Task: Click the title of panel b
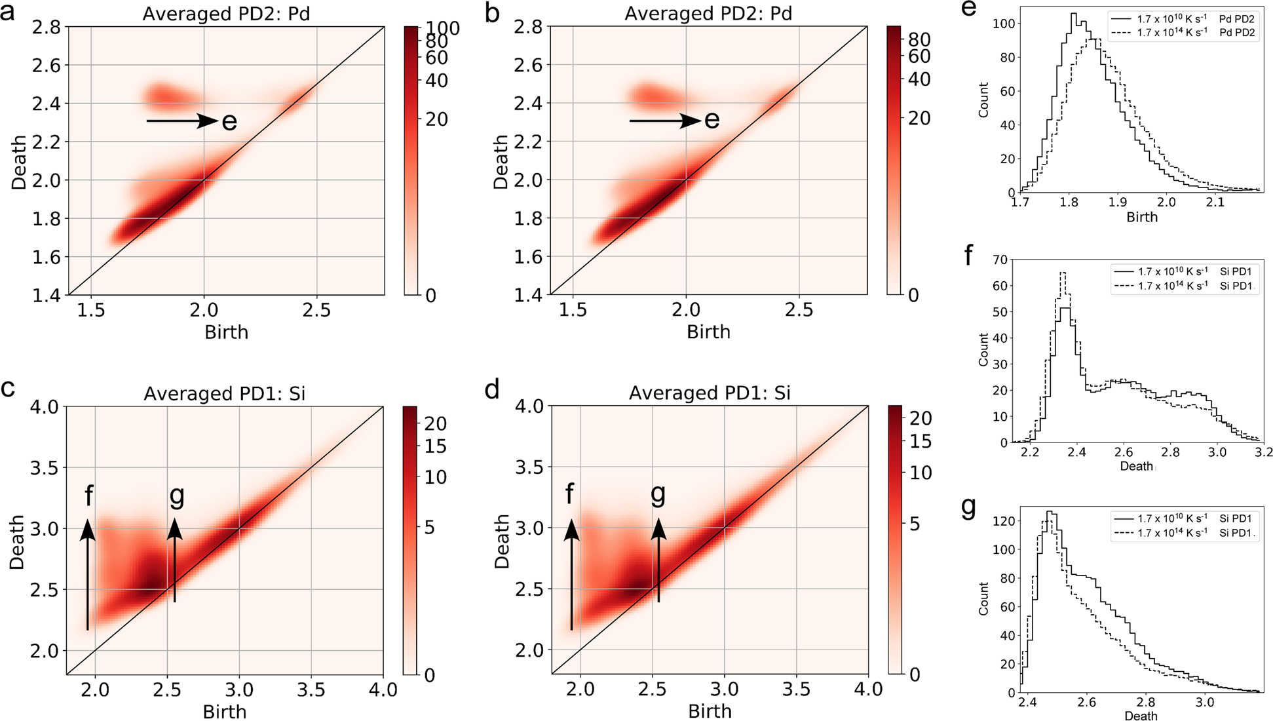(708, 14)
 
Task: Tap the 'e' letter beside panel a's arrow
(229, 122)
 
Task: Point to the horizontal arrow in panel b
(664, 121)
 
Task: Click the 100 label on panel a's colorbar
(443, 28)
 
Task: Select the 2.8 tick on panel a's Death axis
(47, 27)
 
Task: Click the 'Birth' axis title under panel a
(226, 332)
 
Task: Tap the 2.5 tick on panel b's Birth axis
(799, 310)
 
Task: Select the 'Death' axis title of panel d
(502, 541)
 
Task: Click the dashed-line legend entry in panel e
(1183, 33)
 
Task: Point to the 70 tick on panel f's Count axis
(1000, 260)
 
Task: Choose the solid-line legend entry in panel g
(1183, 518)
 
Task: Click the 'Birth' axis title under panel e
(1141, 218)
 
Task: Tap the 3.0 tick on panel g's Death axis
(1204, 703)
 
